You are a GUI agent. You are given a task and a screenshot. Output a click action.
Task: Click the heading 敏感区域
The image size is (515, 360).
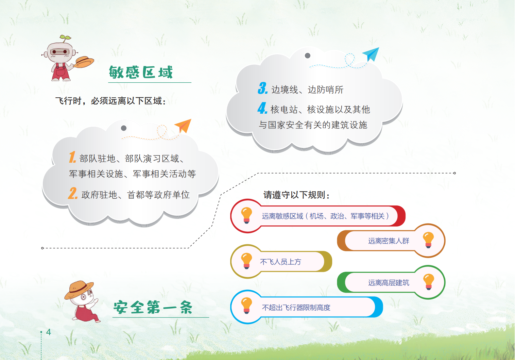click(141, 72)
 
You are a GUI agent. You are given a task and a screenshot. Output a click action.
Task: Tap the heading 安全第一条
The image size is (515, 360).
click(153, 307)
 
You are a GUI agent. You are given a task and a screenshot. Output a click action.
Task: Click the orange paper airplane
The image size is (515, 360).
click(183, 126)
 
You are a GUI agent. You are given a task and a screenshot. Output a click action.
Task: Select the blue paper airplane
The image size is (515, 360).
click(371, 54)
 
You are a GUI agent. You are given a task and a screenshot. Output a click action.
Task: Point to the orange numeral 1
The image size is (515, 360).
click(72, 157)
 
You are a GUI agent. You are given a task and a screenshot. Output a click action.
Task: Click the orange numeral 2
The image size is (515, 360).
click(73, 193)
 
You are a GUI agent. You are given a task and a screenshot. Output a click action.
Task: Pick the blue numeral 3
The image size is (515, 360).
click(263, 88)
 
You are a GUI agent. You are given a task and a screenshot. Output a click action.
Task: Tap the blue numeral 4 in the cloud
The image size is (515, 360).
click(263, 108)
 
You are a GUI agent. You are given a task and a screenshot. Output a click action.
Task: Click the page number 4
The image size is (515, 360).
click(48, 332)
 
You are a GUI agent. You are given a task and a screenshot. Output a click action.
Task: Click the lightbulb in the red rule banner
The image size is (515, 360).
click(247, 215)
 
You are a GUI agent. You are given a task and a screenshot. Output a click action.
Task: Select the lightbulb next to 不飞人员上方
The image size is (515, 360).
click(247, 261)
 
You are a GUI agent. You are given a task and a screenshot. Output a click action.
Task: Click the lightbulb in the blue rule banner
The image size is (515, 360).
click(247, 305)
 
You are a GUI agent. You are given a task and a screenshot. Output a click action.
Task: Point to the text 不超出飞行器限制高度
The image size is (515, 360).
click(296, 307)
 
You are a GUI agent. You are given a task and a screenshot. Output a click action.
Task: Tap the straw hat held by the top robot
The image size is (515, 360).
click(84, 62)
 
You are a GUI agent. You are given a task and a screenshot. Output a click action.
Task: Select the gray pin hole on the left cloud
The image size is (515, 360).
click(124, 128)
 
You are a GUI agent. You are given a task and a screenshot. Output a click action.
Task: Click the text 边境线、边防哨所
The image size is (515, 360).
click(307, 90)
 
